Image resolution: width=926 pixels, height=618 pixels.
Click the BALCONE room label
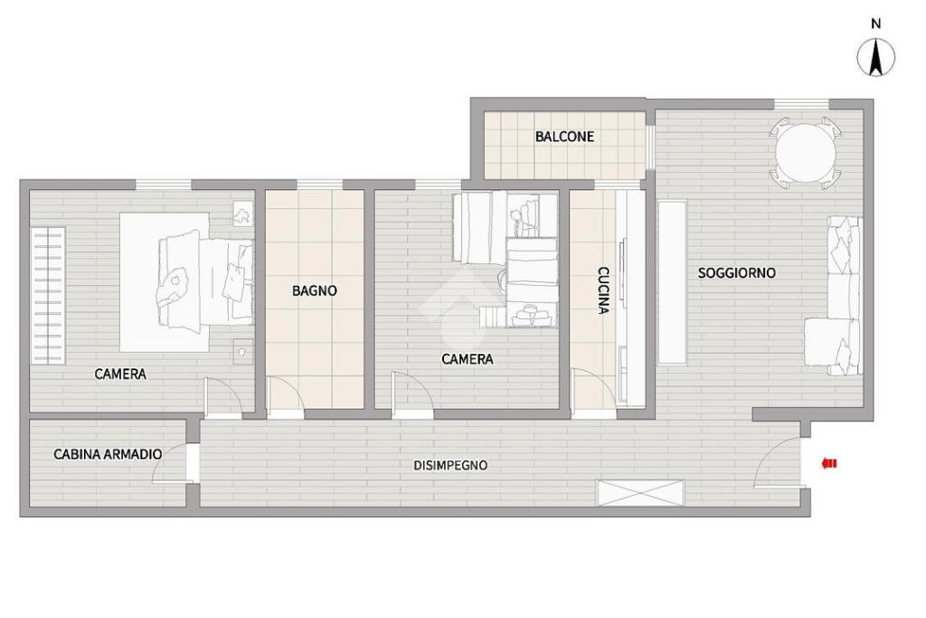click(564, 137)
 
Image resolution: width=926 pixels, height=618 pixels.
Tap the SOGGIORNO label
click(736, 273)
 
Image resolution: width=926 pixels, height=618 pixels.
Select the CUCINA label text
click(603, 290)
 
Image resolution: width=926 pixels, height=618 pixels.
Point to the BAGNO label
click(314, 290)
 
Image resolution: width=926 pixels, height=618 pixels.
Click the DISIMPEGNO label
click(450, 466)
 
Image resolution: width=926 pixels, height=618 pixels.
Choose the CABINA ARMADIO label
click(109, 454)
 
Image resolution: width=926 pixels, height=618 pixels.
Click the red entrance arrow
click(829, 464)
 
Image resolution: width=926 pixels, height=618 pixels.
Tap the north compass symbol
click(875, 58)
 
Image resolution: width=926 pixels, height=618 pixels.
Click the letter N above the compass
click(875, 24)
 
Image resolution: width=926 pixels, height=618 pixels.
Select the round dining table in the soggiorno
click(806, 153)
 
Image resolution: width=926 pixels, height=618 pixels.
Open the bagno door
click(285, 395)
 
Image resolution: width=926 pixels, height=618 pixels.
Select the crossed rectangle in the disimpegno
click(641, 493)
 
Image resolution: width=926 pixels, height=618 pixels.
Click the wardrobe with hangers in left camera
click(48, 295)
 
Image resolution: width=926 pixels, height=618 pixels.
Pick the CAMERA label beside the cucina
click(468, 359)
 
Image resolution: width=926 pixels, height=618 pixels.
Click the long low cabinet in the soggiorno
click(672, 282)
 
